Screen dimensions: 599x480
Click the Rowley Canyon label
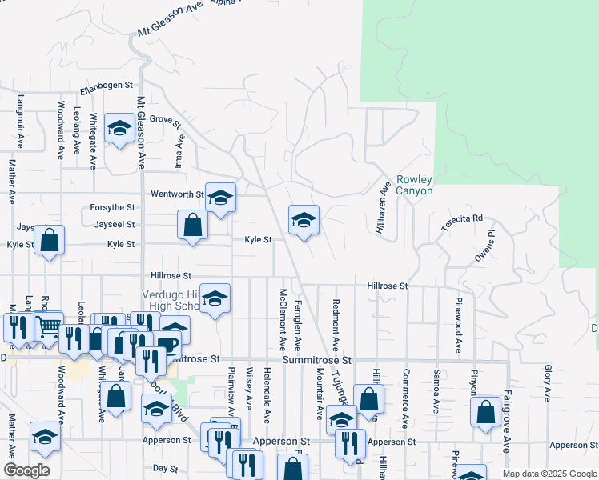[414, 185]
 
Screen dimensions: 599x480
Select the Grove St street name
[166, 121]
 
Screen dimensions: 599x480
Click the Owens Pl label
[485, 246]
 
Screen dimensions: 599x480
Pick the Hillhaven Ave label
[384, 206]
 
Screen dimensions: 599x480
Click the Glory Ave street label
[547, 378]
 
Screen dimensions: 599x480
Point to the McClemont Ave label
[283, 319]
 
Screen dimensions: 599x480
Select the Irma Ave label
[180, 150]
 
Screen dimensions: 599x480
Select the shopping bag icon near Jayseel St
[193, 225]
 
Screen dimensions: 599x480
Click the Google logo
[26, 470]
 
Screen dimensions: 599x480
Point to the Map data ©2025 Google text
[549, 474]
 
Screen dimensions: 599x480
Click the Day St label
[164, 468]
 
